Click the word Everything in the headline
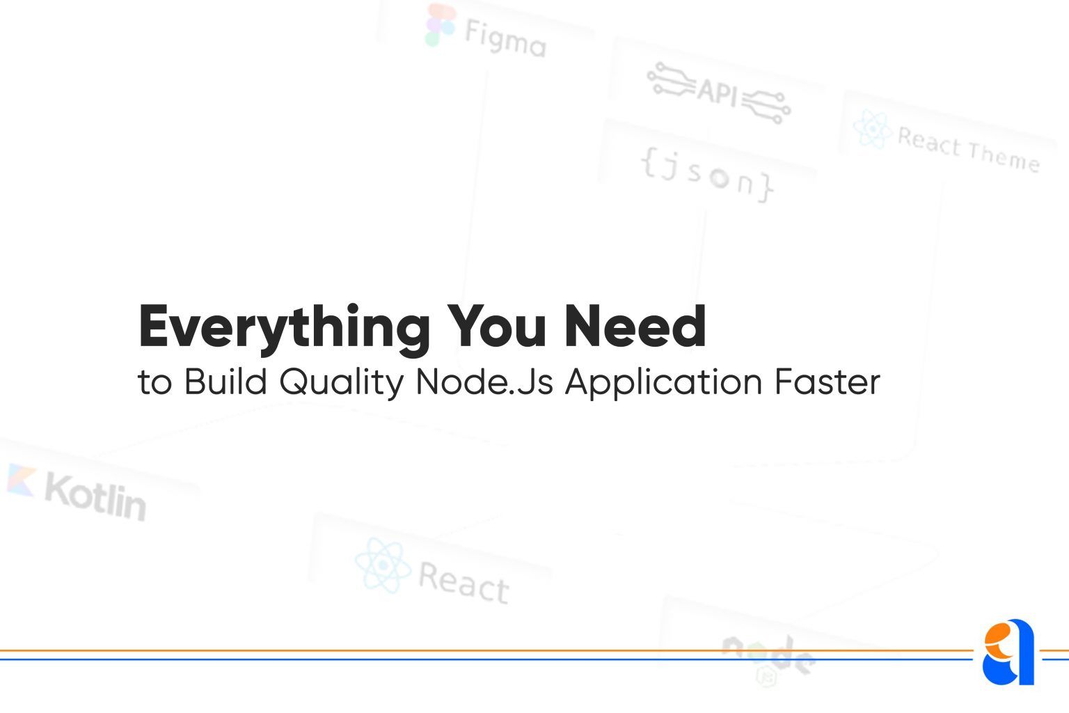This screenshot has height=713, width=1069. pos(285,329)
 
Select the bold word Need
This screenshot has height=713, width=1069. pos(635,326)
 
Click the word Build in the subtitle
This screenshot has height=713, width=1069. pos(225,381)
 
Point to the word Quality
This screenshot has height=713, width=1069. pos(342,383)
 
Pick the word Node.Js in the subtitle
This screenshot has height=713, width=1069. pos(485,381)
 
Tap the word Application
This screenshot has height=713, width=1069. pos(664,383)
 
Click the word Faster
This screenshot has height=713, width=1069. pos(828,381)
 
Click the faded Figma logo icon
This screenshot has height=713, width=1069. pos(440,25)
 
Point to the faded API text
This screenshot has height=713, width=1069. pos(718,92)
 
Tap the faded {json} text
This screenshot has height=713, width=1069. pos(707,175)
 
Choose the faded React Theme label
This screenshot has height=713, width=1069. pos(969,150)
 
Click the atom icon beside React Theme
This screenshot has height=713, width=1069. pos(873,129)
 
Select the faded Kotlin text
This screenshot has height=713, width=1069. pos(95,497)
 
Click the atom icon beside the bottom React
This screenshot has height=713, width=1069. pos(383,565)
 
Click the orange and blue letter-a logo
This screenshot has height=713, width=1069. pos(1008,652)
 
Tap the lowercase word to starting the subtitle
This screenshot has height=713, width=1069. pos(155,382)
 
